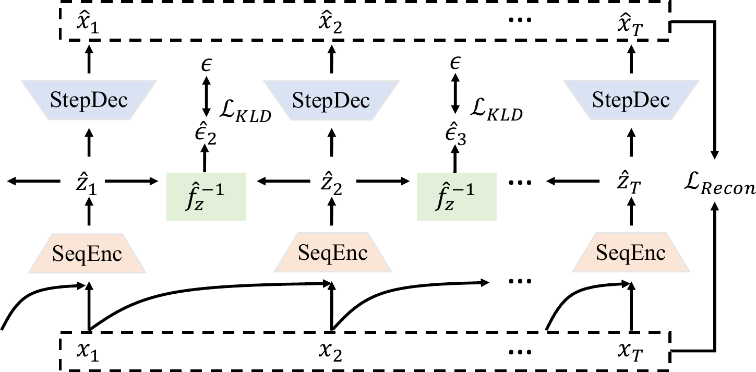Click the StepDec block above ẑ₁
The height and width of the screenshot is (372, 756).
coord(89,100)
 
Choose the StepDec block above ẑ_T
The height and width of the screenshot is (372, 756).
coord(631,100)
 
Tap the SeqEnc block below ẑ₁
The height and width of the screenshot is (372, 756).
coord(89,254)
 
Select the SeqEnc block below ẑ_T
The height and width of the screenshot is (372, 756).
coord(631,254)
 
